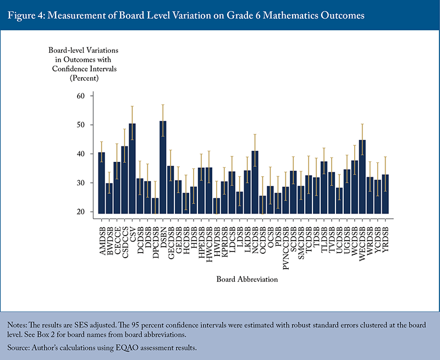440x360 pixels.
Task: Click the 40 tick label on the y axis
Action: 82,154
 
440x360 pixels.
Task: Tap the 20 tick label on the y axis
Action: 82,211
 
